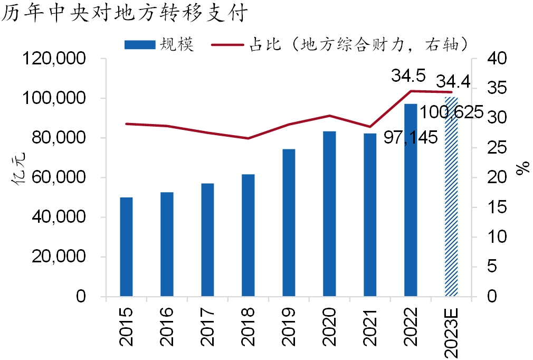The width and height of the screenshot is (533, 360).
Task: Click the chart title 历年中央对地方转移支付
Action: (x=125, y=13)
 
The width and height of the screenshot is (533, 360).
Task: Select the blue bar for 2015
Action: (x=126, y=247)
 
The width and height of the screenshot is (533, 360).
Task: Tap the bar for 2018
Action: (x=248, y=235)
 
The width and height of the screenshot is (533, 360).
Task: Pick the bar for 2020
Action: (x=329, y=214)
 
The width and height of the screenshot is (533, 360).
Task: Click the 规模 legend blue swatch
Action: (x=140, y=45)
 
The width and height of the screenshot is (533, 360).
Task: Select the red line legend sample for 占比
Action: (x=227, y=45)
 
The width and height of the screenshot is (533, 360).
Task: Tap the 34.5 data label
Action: (x=408, y=76)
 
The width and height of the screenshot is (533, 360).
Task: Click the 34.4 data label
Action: (x=453, y=82)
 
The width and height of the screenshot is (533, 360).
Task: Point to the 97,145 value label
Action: (x=411, y=138)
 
